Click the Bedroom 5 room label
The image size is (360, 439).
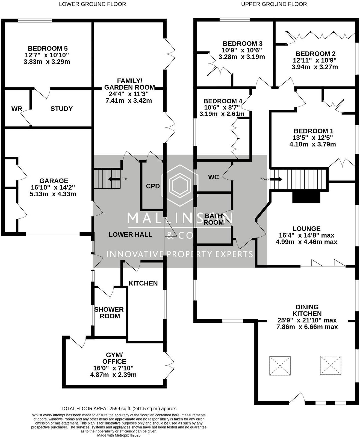(x=48, y=49)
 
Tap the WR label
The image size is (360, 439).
(x=17, y=109)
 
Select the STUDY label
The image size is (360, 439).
(x=61, y=109)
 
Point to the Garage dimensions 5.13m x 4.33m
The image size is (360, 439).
(x=53, y=194)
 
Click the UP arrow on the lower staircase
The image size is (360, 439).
(x=114, y=179)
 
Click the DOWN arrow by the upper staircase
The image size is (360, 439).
(x=276, y=179)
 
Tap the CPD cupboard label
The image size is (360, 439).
(x=153, y=186)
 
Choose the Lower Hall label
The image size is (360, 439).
(x=130, y=235)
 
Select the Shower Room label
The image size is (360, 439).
(x=109, y=313)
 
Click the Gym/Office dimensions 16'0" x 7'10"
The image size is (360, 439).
(x=113, y=368)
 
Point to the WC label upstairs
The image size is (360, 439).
(x=213, y=177)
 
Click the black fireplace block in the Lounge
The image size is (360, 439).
(x=306, y=197)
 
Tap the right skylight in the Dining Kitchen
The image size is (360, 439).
(x=331, y=366)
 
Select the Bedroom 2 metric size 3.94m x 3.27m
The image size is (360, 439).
(x=315, y=67)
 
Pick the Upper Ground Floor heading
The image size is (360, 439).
(x=274, y=4)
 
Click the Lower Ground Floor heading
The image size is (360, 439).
(x=93, y=4)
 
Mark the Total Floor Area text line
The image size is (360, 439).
(x=119, y=409)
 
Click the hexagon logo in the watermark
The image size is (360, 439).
(x=180, y=185)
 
